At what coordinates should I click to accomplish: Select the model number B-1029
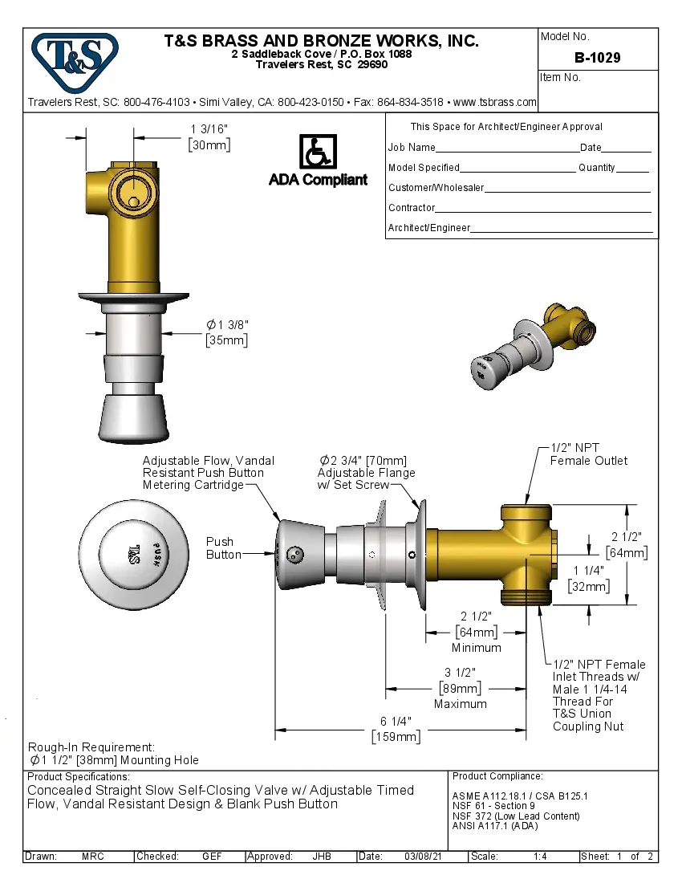[597, 58]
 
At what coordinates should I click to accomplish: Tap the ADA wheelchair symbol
[318, 152]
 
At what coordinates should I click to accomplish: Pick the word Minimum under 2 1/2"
[476, 648]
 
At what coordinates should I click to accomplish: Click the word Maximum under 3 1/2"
[460, 704]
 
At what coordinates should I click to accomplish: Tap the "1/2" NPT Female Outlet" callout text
[588, 454]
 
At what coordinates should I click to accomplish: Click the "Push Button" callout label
[223, 548]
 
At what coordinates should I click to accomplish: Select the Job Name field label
[412, 148]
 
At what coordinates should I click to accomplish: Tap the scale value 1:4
[540, 857]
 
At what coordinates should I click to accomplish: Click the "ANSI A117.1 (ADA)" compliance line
[495, 826]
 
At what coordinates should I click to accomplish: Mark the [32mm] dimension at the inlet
[589, 586]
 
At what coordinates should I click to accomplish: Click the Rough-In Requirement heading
[91, 747]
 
